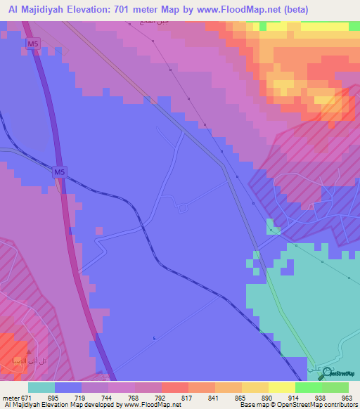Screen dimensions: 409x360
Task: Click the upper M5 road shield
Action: (33, 44)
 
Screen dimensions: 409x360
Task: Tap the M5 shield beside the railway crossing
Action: (60, 171)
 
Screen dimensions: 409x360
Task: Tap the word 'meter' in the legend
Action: (10, 398)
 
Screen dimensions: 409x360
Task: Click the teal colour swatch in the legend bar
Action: (41, 387)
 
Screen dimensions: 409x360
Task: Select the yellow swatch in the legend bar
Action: (281, 387)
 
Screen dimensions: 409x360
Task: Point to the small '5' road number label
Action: (154, 339)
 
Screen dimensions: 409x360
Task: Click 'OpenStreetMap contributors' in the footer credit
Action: (314, 405)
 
